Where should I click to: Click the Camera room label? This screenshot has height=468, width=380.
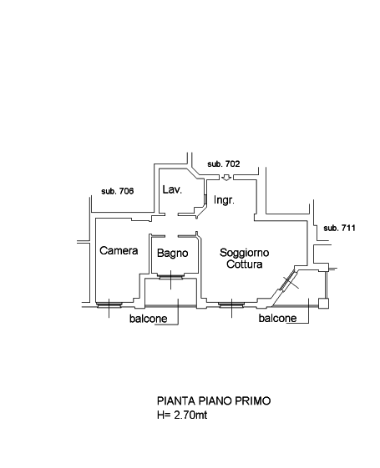coord(119,251)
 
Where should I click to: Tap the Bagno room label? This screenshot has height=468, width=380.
coord(172,254)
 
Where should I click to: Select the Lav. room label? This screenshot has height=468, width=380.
coord(172,189)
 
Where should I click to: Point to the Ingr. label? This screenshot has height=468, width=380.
coord(224,200)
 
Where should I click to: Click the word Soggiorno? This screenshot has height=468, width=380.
coord(245,253)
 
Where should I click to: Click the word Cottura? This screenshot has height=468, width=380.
coord(245,264)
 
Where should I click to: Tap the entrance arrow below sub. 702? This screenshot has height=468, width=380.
coord(226,178)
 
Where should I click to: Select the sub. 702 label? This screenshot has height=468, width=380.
coord(224,164)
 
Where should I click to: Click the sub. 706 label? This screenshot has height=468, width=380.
coord(118,191)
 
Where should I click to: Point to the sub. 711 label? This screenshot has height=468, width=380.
coord(339,228)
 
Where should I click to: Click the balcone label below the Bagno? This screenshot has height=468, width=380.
coord(148,319)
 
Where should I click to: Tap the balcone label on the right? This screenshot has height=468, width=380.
coord(277,318)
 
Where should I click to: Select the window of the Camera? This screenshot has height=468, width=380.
coord(109,304)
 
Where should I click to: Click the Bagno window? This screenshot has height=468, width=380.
coord(170,277)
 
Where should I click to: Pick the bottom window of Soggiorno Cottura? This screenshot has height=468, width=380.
coord(231,304)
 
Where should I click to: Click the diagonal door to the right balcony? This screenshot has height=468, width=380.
coord(287,280)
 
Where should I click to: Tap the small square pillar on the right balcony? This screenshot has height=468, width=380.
coord(323,304)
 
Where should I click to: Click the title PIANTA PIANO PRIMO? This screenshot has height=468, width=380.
coord(214,400)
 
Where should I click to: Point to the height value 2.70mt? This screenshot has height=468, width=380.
coord(190,415)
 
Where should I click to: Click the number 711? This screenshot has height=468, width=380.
coord(348,228)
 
